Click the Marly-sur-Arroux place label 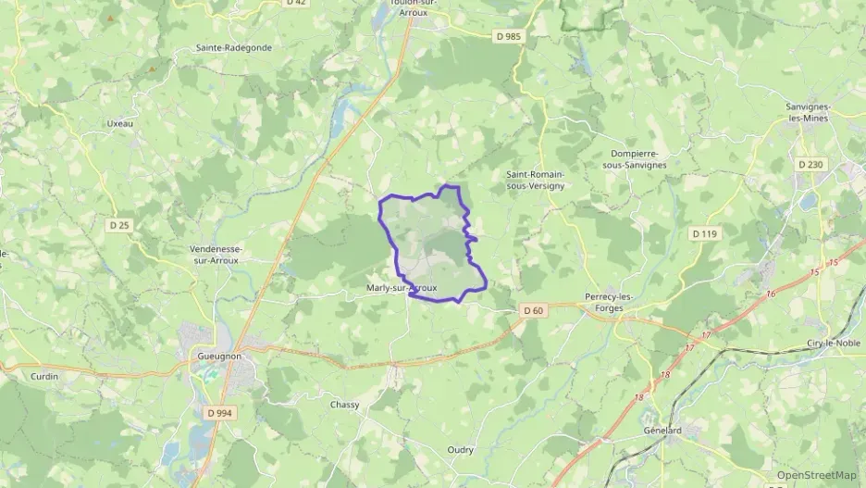tap(401, 289)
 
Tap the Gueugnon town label tap(219, 355)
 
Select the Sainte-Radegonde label tap(234, 47)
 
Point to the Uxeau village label tap(120, 123)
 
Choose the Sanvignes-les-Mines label tap(809, 113)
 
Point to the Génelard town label tap(662, 431)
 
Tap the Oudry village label tap(461, 450)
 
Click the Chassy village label tap(345, 405)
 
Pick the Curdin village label tap(43, 376)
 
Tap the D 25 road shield tap(119, 225)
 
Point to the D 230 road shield tap(810, 165)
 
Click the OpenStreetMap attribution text tap(817, 475)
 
